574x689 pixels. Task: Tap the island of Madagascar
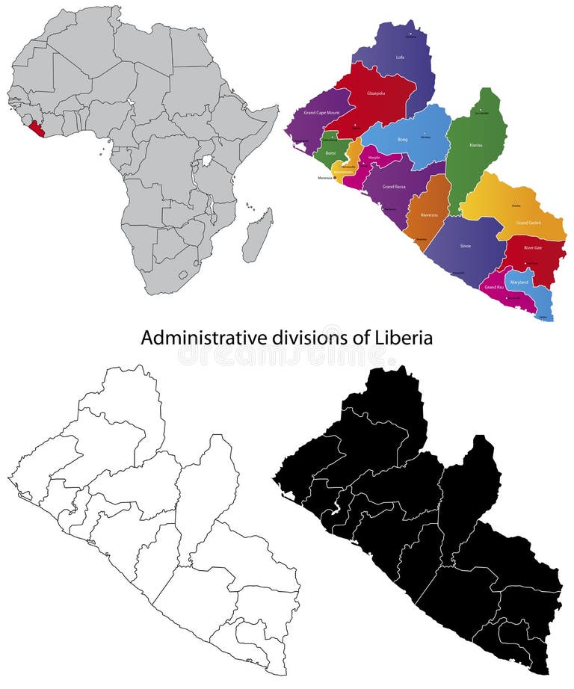coord(258,235)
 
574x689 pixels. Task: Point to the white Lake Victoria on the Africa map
coord(207,161)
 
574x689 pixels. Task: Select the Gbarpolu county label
coord(375,94)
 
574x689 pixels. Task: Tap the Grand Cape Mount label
coord(321,113)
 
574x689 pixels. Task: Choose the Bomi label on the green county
coord(330,152)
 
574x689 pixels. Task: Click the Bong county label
coord(402,140)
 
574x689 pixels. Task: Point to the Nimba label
coord(475,145)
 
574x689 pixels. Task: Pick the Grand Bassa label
coord(394,186)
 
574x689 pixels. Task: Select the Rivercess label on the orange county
coord(429,215)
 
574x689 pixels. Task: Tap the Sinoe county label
coord(465,245)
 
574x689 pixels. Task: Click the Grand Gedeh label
coord(528,223)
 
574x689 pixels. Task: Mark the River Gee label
coord(532,247)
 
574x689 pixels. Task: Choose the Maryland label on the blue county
coord(519,282)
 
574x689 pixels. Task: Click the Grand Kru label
coord(493,287)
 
